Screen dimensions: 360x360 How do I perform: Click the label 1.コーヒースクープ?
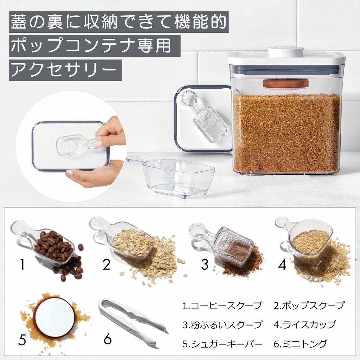(x=222, y=306)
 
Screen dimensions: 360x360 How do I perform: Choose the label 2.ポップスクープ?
(x=309, y=306)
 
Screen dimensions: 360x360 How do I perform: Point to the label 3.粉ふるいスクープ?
(x=222, y=324)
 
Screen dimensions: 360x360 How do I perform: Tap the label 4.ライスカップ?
(x=304, y=324)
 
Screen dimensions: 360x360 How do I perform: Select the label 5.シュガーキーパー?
(x=222, y=343)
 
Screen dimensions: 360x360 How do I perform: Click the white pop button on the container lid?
(x=285, y=52)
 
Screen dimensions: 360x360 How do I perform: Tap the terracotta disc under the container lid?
(x=285, y=84)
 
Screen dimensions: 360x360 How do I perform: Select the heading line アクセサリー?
(x=65, y=70)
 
